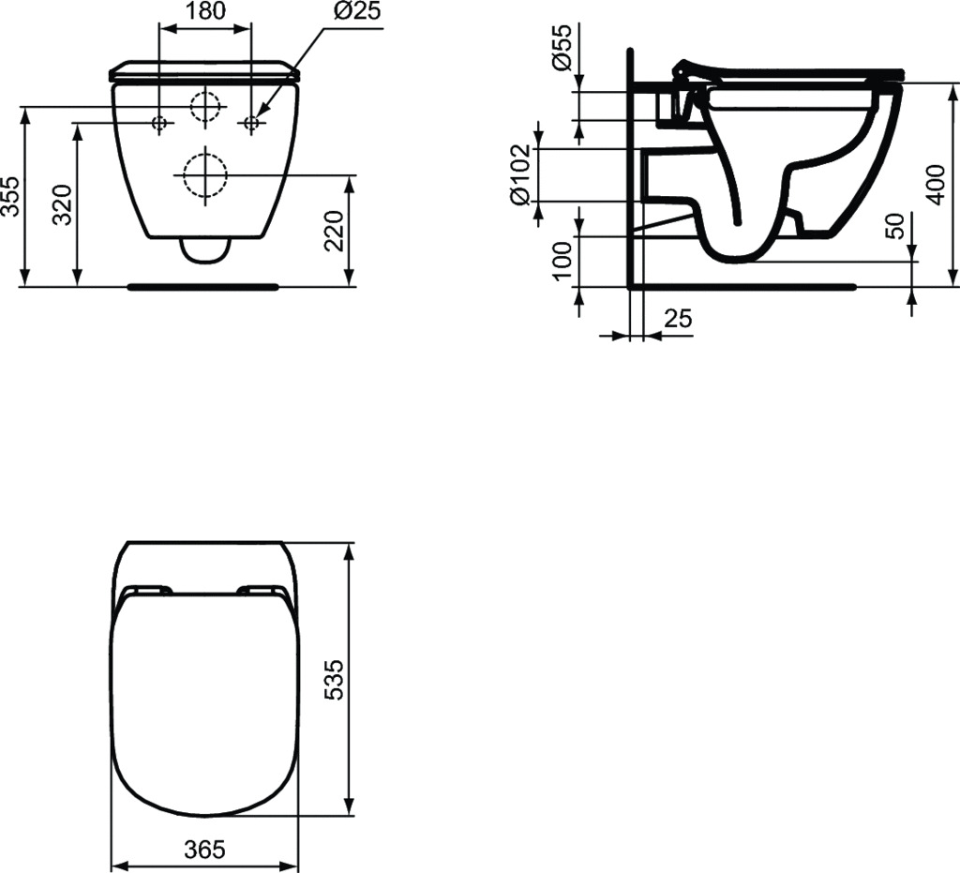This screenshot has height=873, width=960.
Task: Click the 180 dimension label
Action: pos(205,12)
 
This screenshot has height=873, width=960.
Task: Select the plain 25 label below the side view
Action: pos(678,319)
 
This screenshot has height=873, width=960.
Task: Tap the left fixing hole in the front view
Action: pos(159,123)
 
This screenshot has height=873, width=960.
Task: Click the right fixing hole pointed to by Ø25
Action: pos(251,123)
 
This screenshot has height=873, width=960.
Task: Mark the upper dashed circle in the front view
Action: pos(205,108)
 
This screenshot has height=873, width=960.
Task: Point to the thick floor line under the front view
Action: pos(203,285)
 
